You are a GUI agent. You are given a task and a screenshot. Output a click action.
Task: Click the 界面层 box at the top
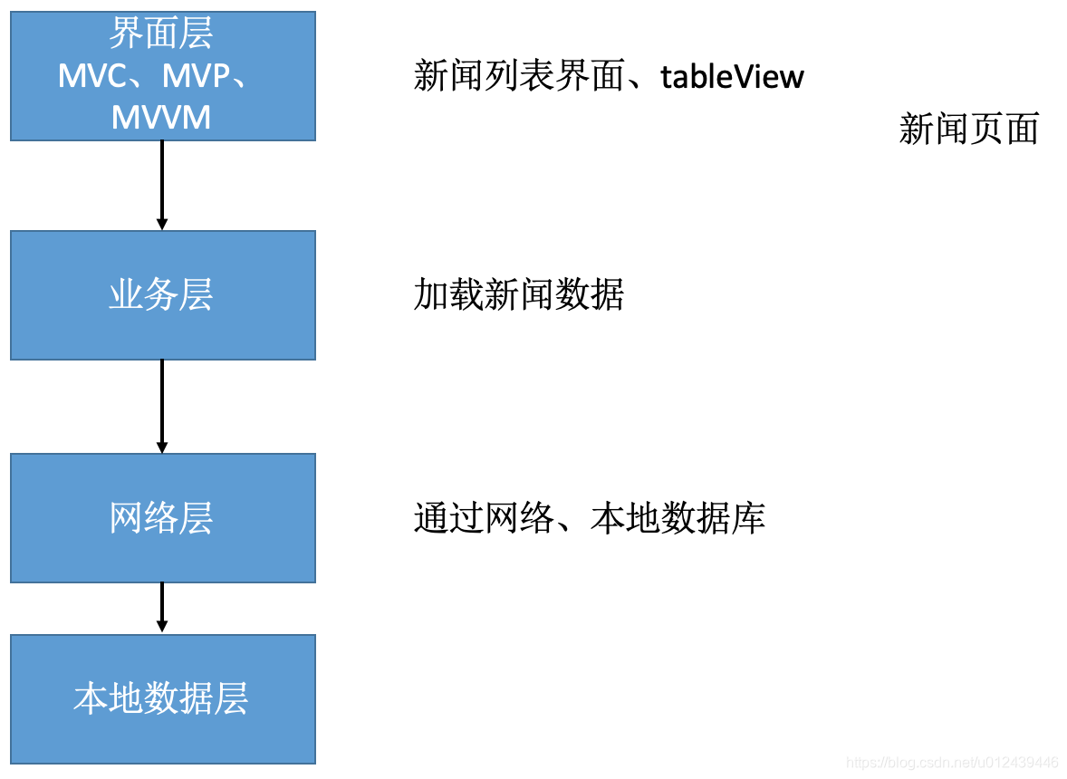pos(163,76)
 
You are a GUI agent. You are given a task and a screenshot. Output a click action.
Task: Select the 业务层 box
pos(163,295)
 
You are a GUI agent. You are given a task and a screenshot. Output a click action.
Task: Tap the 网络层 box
pos(163,518)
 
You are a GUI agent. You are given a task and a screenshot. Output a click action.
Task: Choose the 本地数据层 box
pos(163,698)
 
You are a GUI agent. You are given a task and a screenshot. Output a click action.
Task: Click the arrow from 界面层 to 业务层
pos(162,186)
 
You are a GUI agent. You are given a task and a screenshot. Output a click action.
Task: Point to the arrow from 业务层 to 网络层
pos(162,407)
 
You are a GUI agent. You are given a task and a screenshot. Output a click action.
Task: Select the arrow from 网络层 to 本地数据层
pos(162,608)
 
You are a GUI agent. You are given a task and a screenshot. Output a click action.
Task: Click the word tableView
pos(732,77)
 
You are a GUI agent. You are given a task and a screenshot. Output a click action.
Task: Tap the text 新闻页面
pos(968,130)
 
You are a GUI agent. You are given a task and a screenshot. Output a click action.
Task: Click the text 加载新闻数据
pos(518,295)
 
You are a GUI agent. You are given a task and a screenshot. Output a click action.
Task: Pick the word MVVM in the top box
pos(161,118)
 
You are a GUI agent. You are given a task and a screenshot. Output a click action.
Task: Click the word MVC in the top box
pos(91,77)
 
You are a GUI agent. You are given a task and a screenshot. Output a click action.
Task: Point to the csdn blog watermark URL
pos(952,762)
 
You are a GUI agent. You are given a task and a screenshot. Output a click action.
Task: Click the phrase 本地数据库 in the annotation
pos(678,518)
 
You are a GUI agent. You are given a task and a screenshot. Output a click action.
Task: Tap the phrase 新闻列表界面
pos(518,77)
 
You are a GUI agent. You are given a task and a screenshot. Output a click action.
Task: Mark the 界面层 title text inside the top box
pos(161,34)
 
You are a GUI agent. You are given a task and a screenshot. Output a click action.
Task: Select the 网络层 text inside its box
pos(161,518)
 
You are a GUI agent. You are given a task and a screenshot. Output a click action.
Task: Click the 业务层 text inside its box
pos(161,295)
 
